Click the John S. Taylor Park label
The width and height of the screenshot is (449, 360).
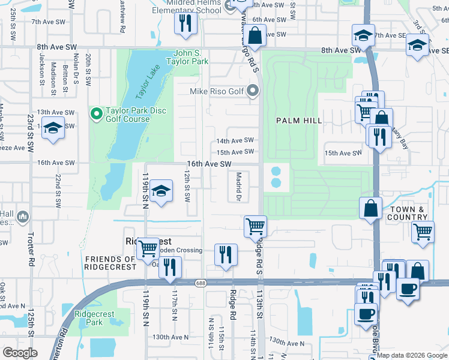pyautogui.click(x=191, y=57)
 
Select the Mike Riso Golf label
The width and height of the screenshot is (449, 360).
pyautogui.click(x=217, y=91)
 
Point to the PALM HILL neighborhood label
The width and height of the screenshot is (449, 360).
pyautogui.click(x=299, y=121)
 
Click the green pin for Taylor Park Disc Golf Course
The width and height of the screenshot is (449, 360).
pyautogui.click(x=95, y=113)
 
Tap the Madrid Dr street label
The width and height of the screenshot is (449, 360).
pyautogui.click(x=238, y=187)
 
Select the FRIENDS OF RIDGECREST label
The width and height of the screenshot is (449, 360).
pyautogui.click(x=110, y=263)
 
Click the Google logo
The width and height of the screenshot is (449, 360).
pyautogui.click(x=20, y=353)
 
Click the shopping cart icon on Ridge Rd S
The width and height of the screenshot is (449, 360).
pyautogui.click(x=255, y=226)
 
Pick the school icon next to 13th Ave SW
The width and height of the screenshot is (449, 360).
pyautogui.click(x=53, y=128)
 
